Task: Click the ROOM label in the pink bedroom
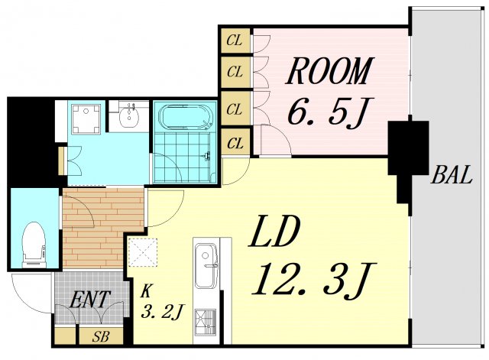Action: pyautogui.click(x=329, y=71)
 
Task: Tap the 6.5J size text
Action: pyautogui.click(x=327, y=112)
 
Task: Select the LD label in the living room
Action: pyautogui.click(x=274, y=231)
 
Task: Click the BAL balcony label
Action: pyautogui.click(x=451, y=175)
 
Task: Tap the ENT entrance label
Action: pyautogui.click(x=89, y=299)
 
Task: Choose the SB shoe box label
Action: pyautogui.click(x=100, y=336)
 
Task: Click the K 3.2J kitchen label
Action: pyautogui.click(x=161, y=301)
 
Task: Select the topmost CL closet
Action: pyautogui.click(x=235, y=41)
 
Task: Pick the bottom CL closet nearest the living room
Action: pyautogui.click(x=235, y=143)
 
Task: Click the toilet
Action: pyautogui.click(x=34, y=245)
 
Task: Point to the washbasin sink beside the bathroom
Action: pyautogui.click(x=129, y=115)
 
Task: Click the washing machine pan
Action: pyautogui.click(x=86, y=119)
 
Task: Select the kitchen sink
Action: pyautogui.click(x=206, y=265)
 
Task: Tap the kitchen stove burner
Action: pyautogui.click(x=206, y=322)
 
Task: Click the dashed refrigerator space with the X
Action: pyautogui.click(x=143, y=252)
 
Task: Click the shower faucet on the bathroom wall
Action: pyautogui.click(x=207, y=156)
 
